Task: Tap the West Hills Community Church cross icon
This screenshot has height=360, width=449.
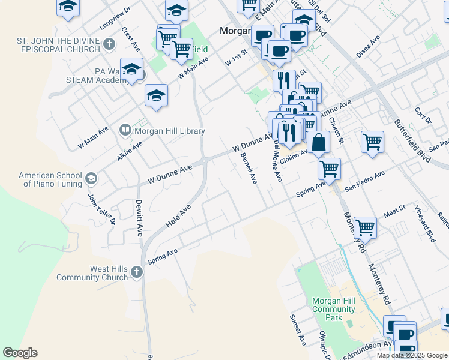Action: (x=136, y=272)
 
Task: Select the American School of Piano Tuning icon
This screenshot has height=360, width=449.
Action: (x=91, y=178)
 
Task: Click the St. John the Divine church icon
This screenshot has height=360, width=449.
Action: (x=109, y=43)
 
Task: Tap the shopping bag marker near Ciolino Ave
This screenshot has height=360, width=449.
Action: (x=319, y=143)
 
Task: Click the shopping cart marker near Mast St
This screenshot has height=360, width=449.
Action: (x=365, y=227)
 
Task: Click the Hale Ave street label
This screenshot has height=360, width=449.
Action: (x=178, y=215)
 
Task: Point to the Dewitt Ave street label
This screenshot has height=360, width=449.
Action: (x=139, y=217)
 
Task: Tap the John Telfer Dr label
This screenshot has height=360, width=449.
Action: (x=93, y=208)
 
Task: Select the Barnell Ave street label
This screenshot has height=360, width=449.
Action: (x=249, y=168)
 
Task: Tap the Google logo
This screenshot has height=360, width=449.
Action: (x=20, y=353)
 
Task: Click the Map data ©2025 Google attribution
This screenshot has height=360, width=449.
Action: (x=412, y=355)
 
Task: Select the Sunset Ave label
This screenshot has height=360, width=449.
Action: (x=297, y=330)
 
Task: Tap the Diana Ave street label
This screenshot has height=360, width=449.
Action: (x=368, y=47)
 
